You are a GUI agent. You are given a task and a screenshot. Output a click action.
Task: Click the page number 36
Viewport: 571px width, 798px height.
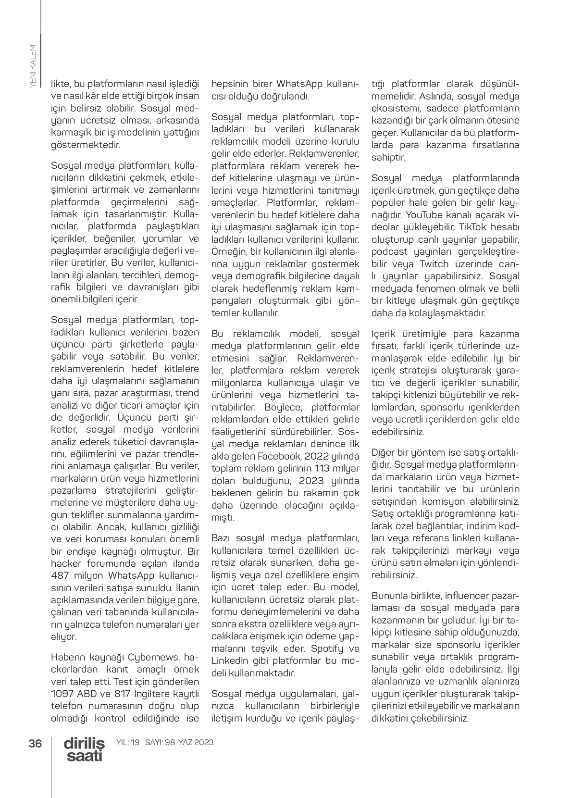click(x=35, y=743)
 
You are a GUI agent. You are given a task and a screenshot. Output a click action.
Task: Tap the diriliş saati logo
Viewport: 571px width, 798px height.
click(x=85, y=749)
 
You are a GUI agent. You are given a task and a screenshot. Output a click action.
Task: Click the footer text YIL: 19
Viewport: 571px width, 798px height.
click(x=128, y=742)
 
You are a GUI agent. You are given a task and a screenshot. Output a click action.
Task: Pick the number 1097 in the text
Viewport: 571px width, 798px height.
click(x=62, y=694)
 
